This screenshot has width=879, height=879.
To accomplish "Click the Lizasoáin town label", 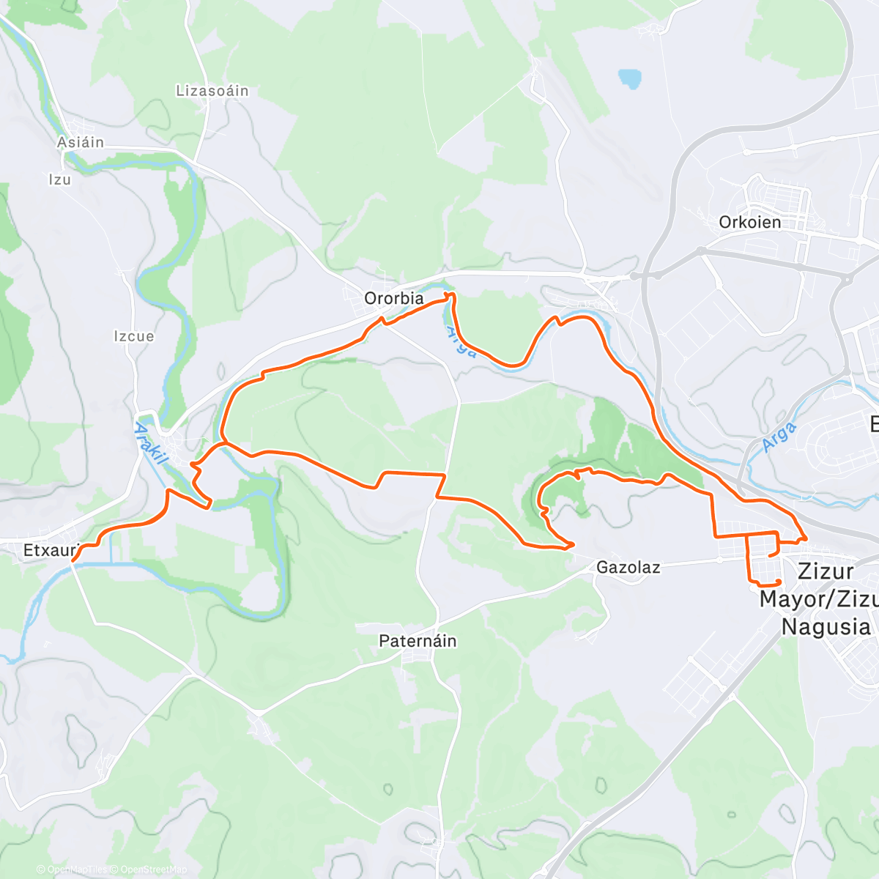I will [212, 91].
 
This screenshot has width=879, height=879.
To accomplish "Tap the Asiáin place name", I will [81, 142].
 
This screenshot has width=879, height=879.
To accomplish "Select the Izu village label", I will [60, 179].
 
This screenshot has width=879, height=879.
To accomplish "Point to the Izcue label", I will [134, 336].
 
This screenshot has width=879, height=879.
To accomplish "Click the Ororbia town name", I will [394, 298].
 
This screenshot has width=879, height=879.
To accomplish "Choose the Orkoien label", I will [749, 222].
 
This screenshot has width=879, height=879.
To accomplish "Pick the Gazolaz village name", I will [628, 567].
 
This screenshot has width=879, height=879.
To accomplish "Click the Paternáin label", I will [418, 641].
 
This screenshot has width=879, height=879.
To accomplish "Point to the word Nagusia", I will [826, 627].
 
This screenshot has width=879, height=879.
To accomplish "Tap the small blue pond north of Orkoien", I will [629, 78].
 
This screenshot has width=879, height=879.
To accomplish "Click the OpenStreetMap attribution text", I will [153, 869].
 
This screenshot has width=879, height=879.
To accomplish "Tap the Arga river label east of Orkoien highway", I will [778, 437].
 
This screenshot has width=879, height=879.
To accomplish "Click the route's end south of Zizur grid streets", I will [779, 581].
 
